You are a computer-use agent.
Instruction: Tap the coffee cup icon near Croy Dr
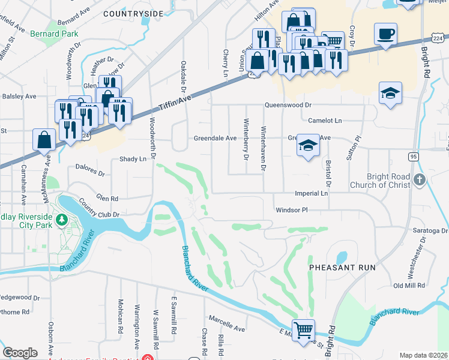pyautogui.click(x=385, y=34)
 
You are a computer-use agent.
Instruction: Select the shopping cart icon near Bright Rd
pyautogui.click(x=304, y=329)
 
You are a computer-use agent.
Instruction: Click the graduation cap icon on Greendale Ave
pyautogui.click(x=308, y=146)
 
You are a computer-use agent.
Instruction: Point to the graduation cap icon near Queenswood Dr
pyautogui.click(x=390, y=93)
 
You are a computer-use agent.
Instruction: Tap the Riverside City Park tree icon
pyautogui.click(x=61, y=221)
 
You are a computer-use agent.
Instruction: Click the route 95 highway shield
pyautogui.click(x=414, y=157)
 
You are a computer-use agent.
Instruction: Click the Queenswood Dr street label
pyautogui.click(x=289, y=105)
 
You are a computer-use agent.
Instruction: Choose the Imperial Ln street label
pyautogui.click(x=311, y=194)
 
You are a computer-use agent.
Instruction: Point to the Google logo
pyautogui.click(x=20, y=353)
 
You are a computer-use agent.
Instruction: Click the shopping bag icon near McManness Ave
pyautogui.click(x=45, y=140)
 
